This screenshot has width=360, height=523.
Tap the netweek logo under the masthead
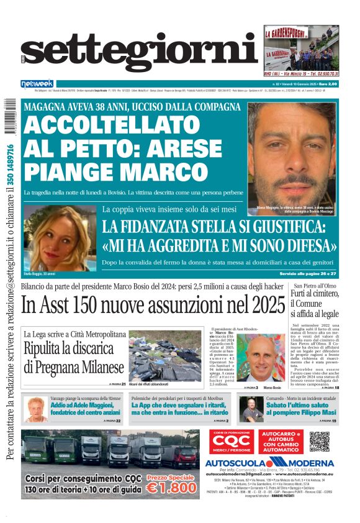pos(37,83)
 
